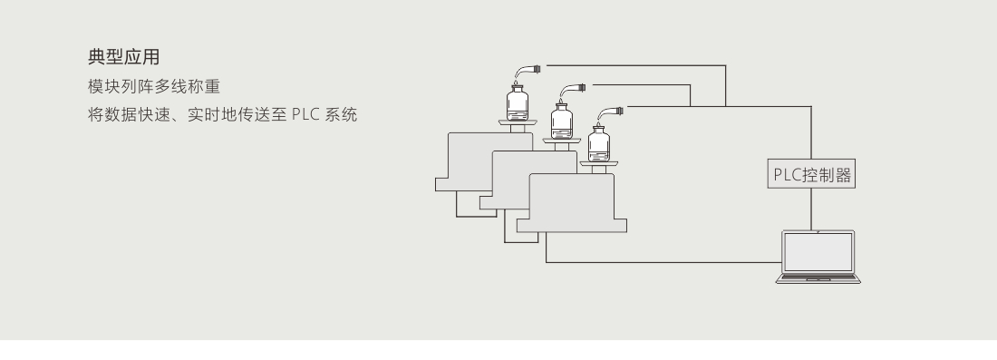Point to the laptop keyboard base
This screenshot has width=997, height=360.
818,279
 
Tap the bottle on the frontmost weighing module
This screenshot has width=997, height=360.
598,143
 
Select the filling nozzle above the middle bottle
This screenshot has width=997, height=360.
575,88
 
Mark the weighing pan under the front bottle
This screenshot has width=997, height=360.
599,162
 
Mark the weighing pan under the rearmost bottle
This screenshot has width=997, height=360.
517,122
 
